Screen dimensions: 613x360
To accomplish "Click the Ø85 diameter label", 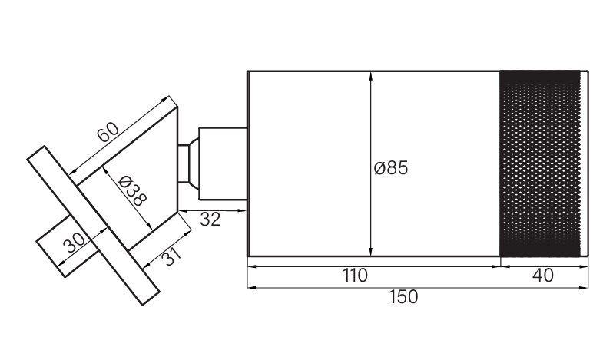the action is point(390,168).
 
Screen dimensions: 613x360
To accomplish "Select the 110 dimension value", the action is point(356,276).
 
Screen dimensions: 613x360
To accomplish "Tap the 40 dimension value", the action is point(543,276).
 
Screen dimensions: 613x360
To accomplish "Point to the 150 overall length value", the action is point(403,297).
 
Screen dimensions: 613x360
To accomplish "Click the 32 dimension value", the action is point(210,220).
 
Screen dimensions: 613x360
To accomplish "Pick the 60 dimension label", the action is point(108,132).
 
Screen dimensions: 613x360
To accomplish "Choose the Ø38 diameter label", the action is point(132,191).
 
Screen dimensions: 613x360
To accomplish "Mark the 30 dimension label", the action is point(74,243).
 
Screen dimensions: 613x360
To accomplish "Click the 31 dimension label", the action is point(171,256).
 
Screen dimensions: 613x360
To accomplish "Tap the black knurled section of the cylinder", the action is point(540,163).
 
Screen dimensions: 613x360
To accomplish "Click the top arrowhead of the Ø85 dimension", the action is point(370,76).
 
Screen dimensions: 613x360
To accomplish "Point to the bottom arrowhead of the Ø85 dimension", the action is point(370,252).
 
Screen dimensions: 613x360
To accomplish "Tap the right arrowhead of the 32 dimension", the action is point(242,211).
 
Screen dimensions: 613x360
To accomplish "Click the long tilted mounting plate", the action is point(94,226).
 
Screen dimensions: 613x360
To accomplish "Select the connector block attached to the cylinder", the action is point(223,163).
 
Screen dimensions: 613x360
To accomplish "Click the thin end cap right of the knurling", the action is point(585,163).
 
